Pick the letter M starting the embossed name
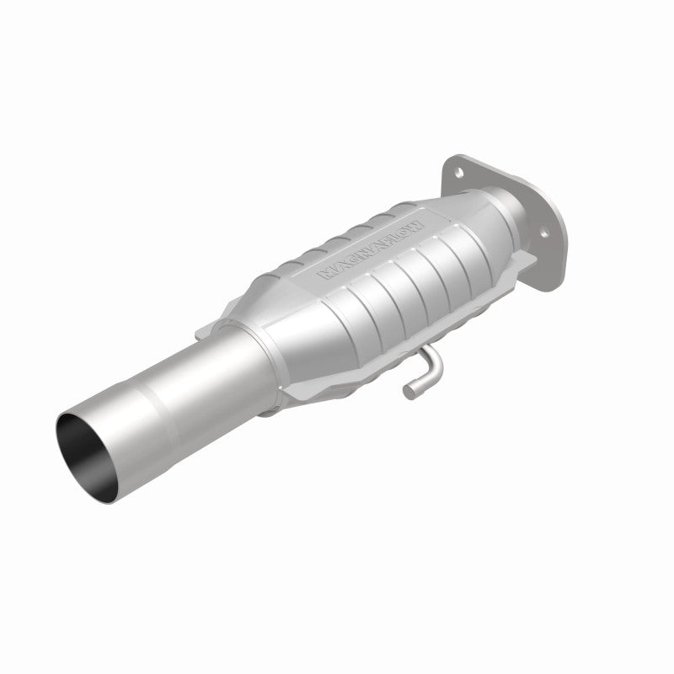[x=324, y=275]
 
